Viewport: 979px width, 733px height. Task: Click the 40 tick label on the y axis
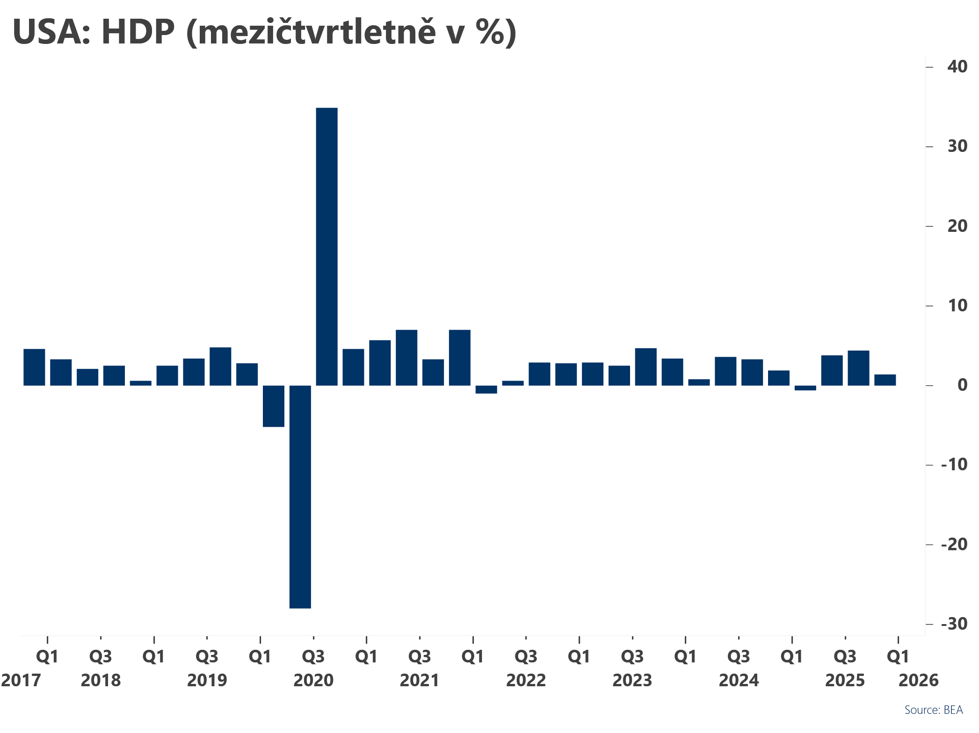coord(957,67)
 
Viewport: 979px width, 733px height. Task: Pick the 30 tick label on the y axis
coord(957,146)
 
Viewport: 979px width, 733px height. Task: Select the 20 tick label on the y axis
coord(957,226)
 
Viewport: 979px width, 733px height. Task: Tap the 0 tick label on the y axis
coord(962,385)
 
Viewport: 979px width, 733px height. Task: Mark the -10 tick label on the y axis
coord(954,465)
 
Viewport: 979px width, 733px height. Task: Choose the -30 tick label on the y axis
coord(954,624)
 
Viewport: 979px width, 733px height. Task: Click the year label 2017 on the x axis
coord(21,680)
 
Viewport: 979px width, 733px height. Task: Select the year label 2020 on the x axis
coord(313,680)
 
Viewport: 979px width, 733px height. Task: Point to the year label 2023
coord(632,680)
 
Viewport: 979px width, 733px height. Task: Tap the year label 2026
coord(919,680)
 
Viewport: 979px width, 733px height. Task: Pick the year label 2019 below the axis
coord(207,680)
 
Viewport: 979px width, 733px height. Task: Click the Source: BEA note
coord(933,710)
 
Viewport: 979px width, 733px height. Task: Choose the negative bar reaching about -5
coord(274,406)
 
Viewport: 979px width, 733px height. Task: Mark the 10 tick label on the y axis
coord(957,306)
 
